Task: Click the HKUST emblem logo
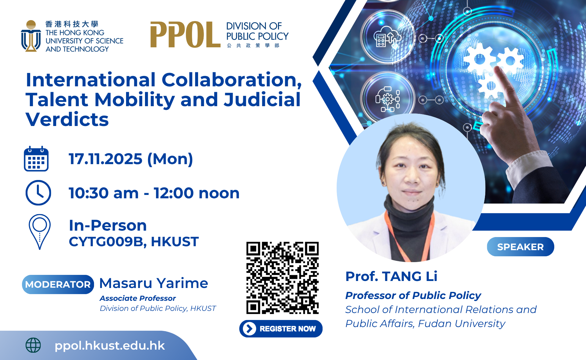pyautogui.click(x=31, y=36)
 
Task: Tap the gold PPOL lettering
pyautogui.click(x=185, y=35)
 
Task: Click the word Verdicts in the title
pyautogui.click(x=67, y=119)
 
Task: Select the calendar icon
pyautogui.click(x=36, y=159)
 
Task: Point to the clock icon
pyautogui.click(x=38, y=193)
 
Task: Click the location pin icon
pyautogui.click(x=40, y=232)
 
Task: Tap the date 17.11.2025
pyautogui.click(x=106, y=159)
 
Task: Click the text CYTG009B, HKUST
pyautogui.click(x=134, y=242)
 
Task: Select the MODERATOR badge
pyautogui.click(x=58, y=284)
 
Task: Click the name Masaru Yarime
pyautogui.click(x=154, y=283)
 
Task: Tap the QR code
pyautogui.click(x=283, y=278)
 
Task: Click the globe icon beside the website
pyautogui.click(x=33, y=345)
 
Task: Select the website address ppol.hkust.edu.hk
pyautogui.click(x=110, y=346)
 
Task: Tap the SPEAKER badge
pyautogui.click(x=520, y=247)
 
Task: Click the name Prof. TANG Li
pyautogui.click(x=391, y=276)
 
